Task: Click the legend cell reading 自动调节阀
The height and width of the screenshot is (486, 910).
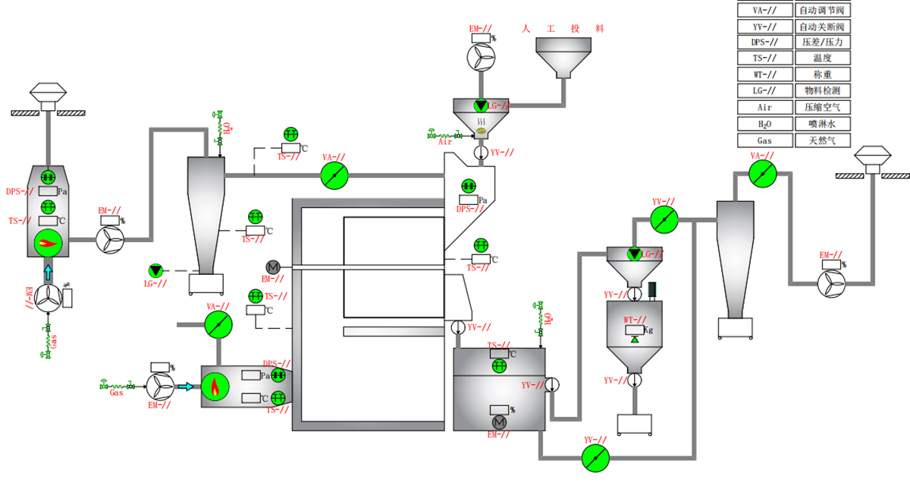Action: (x=822, y=11)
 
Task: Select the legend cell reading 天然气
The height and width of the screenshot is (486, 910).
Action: (x=822, y=140)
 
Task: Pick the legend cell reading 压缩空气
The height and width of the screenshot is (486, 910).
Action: (x=822, y=108)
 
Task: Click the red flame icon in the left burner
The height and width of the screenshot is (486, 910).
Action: (x=48, y=243)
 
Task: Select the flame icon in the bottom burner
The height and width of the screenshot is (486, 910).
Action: (x=215, y=387)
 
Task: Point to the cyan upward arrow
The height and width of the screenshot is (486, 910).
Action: (x=49, y=272)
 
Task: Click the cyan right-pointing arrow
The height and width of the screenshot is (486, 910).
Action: (x=185, y=387)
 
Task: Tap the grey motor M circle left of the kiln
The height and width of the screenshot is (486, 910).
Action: (x=273, y=267)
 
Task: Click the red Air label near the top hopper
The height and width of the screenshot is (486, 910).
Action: (x=445, y=141)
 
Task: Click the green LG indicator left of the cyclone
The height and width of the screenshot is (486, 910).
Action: (x=156, y=270)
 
